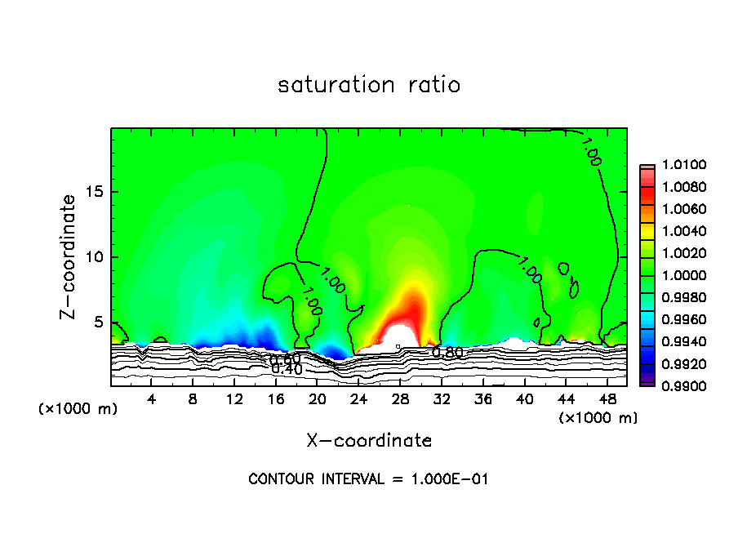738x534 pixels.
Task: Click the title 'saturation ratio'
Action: pyautogui.click(x=369, y=85)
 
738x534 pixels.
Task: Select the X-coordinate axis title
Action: pyautogui.click(x=369, y=441)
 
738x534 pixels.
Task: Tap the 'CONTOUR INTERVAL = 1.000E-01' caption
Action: pyautogui.click(x=368, y=479)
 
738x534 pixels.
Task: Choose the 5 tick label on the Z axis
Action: pyautogui.click(x=98, y=322)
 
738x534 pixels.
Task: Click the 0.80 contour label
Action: pyautogui.click(x=448, y=353)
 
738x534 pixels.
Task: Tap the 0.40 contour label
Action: pyautogui.click(x=287, y=369)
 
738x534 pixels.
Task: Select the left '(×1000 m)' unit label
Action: pyautogui.click(x=78, y=409)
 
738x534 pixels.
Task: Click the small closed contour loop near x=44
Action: pyautogui.click(x=563, y=269)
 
